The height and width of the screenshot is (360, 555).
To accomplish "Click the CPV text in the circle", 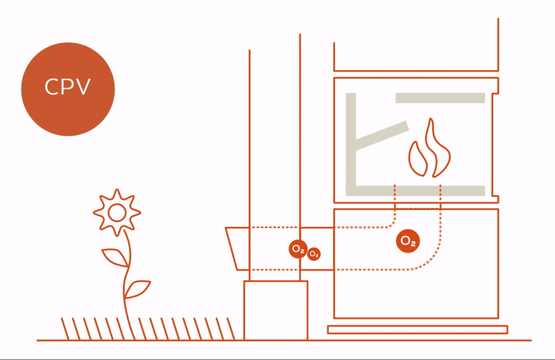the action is (x=67, y=87).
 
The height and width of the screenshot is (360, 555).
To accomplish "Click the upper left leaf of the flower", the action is (x=115, y=257).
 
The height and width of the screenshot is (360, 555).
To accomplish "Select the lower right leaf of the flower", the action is (x=137, y=289).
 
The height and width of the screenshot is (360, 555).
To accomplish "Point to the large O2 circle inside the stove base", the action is (x=408, y=241).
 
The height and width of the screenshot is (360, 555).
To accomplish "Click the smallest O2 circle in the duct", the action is (x=314, y=254).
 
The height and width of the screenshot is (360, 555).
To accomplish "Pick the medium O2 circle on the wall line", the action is (x=298, y=249).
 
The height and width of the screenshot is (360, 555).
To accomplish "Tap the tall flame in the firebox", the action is (x=437, y=148).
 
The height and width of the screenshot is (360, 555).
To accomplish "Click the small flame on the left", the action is (x=418, y=159).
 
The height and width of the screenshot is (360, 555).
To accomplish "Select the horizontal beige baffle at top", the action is (x=440, y=98).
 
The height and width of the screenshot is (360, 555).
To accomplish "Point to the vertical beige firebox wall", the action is (x=350, y=144).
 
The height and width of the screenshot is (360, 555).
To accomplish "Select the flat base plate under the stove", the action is (x=418, y=329).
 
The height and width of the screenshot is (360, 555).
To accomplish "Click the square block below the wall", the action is (x=275, y=311).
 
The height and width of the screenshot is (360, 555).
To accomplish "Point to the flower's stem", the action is (x=127, y=283).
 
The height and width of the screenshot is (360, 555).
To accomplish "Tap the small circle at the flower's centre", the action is (x=117, y=213).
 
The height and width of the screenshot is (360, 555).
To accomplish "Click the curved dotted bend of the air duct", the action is (x=431, y=257).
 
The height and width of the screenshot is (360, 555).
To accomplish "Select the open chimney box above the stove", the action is (x=416, y=71).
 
